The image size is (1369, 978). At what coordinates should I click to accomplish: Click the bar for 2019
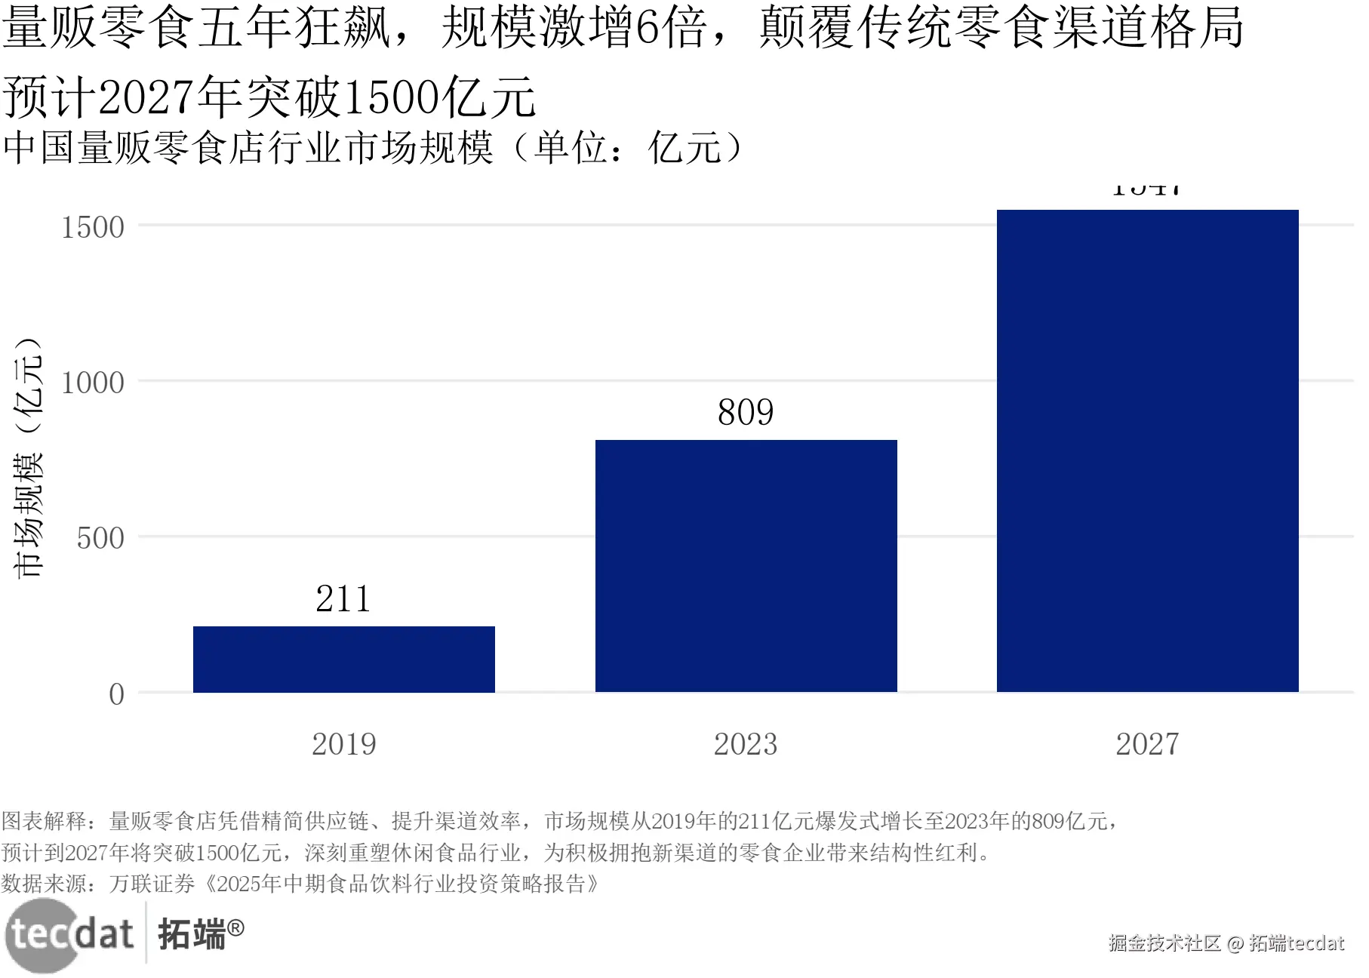coord(344,659)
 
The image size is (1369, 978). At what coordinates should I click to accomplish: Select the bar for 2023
coord(746,565)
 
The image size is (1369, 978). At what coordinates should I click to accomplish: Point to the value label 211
coord(343,599)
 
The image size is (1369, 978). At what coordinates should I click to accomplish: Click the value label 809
coord(746,413)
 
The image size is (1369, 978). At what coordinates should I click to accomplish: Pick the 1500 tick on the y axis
coord(93,227)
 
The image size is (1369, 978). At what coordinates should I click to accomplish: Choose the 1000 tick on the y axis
coord(93,383)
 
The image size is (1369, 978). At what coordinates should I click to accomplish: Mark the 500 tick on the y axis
coord(100,539)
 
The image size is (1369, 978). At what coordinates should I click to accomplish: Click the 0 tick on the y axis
coord(116,694)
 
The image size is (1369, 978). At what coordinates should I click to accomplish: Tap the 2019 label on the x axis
coord(344,744)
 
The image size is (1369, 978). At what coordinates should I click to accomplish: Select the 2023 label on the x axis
coord(746,744)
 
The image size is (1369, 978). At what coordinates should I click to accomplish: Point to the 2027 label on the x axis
coord(1147,744)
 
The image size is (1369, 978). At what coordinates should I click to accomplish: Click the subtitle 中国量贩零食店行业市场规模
coord(249,147)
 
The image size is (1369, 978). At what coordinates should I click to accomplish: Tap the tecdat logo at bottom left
coord(69,935)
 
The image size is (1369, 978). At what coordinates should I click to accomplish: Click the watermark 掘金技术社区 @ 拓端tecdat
coord(1226,943)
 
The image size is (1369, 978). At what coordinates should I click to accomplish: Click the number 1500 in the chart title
coord(391,98)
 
